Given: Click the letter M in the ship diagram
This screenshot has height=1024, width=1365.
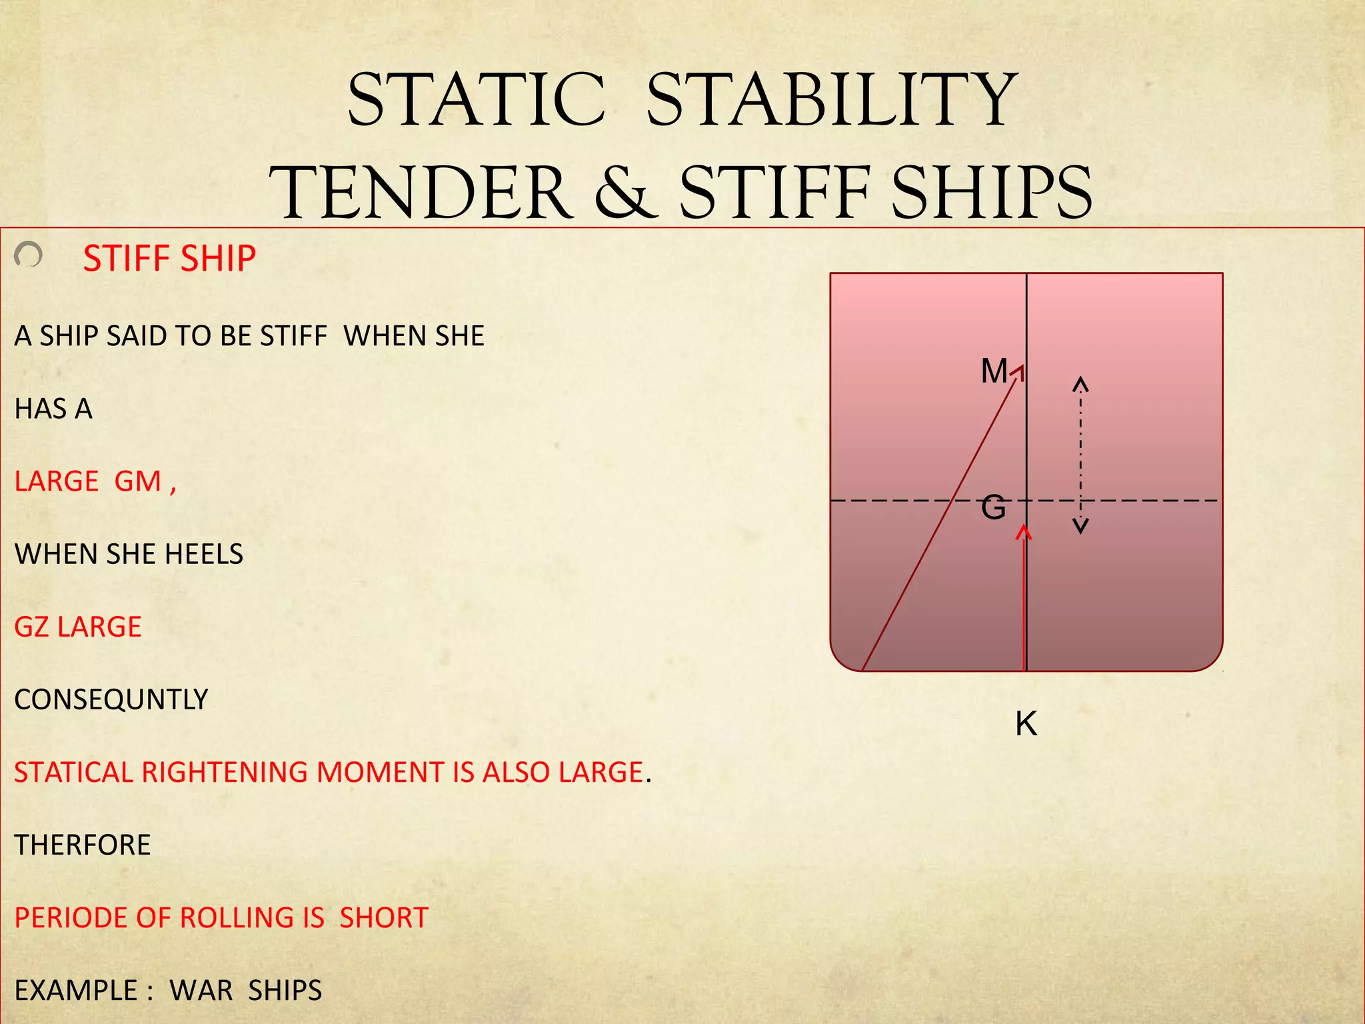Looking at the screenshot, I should (x=994, y=371).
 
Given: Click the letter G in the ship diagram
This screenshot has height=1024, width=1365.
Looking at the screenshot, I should (x=993, y=508).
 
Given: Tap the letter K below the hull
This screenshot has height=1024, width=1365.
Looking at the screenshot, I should (x=1026, y=723).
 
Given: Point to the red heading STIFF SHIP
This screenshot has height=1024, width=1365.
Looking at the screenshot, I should (x=169, y=259).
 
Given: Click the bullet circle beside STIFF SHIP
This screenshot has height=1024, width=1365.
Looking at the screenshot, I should (x=29, y=255).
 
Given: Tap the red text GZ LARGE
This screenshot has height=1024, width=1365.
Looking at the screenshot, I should (x=78, y=627).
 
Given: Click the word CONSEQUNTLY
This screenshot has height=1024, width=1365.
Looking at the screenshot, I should (x=111, y=699).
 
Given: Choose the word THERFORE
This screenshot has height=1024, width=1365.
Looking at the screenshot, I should (x=83, y=845).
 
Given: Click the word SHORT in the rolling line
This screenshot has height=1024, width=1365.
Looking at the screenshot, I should (x=384, y=918).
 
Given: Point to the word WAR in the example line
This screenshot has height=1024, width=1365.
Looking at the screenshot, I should (x=201, y=991).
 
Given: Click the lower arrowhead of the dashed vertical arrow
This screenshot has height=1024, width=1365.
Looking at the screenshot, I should (x=1080, y=527).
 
